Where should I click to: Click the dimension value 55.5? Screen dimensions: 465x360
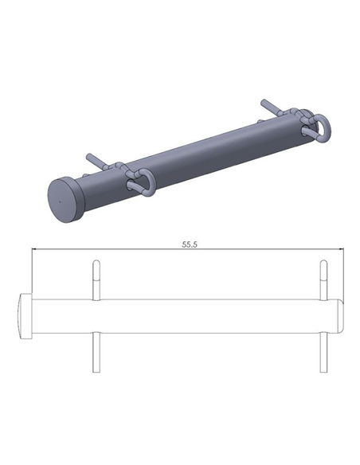click(x=189, y=245)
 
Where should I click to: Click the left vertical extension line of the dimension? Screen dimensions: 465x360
click(x=31, y=271)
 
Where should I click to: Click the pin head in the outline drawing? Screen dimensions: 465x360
click(x=25, y=316)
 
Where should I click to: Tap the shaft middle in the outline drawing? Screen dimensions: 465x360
click(x=207, y=316)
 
